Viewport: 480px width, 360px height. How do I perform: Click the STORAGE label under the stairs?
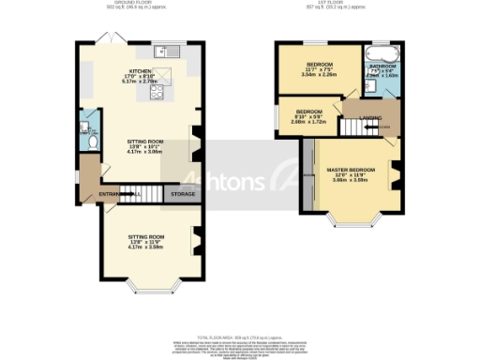click(180, 194)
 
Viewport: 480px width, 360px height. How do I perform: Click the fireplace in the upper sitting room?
click(196, 143)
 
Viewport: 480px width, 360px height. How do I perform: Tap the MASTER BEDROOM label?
click(350, 170)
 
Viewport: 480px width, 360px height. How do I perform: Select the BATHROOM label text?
click(382, 67)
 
